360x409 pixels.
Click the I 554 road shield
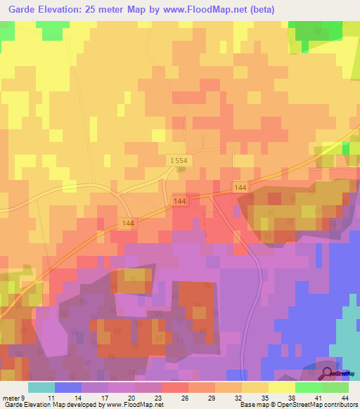(x=179, y=161)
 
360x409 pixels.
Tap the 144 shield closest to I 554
(x=179, y=202)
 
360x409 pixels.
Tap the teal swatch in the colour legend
(x=41, y=387)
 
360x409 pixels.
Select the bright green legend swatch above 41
(x=309, y=387)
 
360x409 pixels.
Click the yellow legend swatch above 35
(x=255, y=387)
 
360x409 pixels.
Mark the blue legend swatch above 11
(x=67, y=387)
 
